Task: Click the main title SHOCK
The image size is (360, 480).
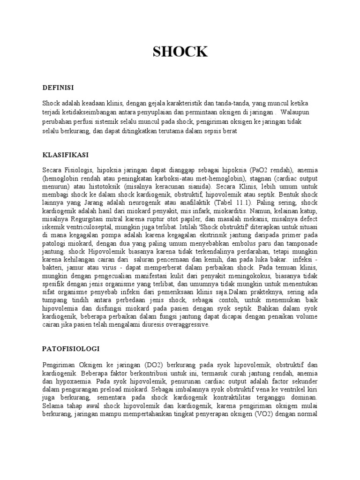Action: (180, 52)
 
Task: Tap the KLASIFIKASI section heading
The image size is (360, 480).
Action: (66, 154)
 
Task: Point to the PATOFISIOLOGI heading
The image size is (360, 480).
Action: (70, 349)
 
